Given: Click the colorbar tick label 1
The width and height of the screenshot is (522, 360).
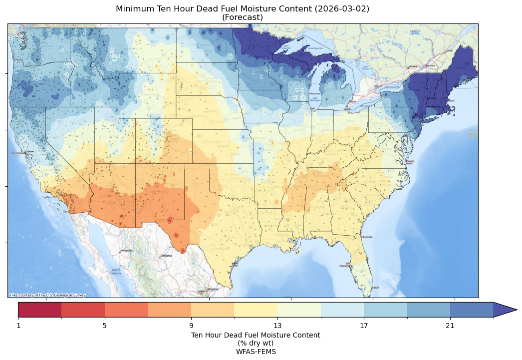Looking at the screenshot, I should tap(18, 326).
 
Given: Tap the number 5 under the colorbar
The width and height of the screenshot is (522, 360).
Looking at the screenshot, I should tap(105, 326).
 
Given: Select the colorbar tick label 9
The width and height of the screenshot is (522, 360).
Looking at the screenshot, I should tap(191, 326).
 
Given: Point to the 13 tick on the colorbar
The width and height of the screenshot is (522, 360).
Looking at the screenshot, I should tap(277, 326).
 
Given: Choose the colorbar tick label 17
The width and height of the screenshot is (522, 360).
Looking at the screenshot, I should tap(364, 326).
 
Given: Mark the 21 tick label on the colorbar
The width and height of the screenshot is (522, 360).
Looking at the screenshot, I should tap(450, 326).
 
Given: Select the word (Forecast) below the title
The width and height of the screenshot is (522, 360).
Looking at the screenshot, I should tap(243, 17).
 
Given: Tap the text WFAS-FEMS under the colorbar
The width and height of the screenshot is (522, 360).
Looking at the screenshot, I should tap(256, 352).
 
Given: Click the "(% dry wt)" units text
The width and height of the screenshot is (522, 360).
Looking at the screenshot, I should tap(256, 343).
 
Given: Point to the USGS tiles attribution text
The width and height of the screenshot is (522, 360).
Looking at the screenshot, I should tap(47, 295).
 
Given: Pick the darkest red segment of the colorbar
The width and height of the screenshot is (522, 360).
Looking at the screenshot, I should tap(40, 310).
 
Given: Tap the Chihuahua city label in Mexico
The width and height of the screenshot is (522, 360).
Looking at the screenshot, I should tap(166, 256).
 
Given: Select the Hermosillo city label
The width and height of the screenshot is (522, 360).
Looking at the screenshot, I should tap(126, 250).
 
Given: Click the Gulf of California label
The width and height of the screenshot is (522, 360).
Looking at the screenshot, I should tap(115, 272).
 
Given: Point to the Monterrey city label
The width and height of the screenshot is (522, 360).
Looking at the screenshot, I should tap(213, 289).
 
